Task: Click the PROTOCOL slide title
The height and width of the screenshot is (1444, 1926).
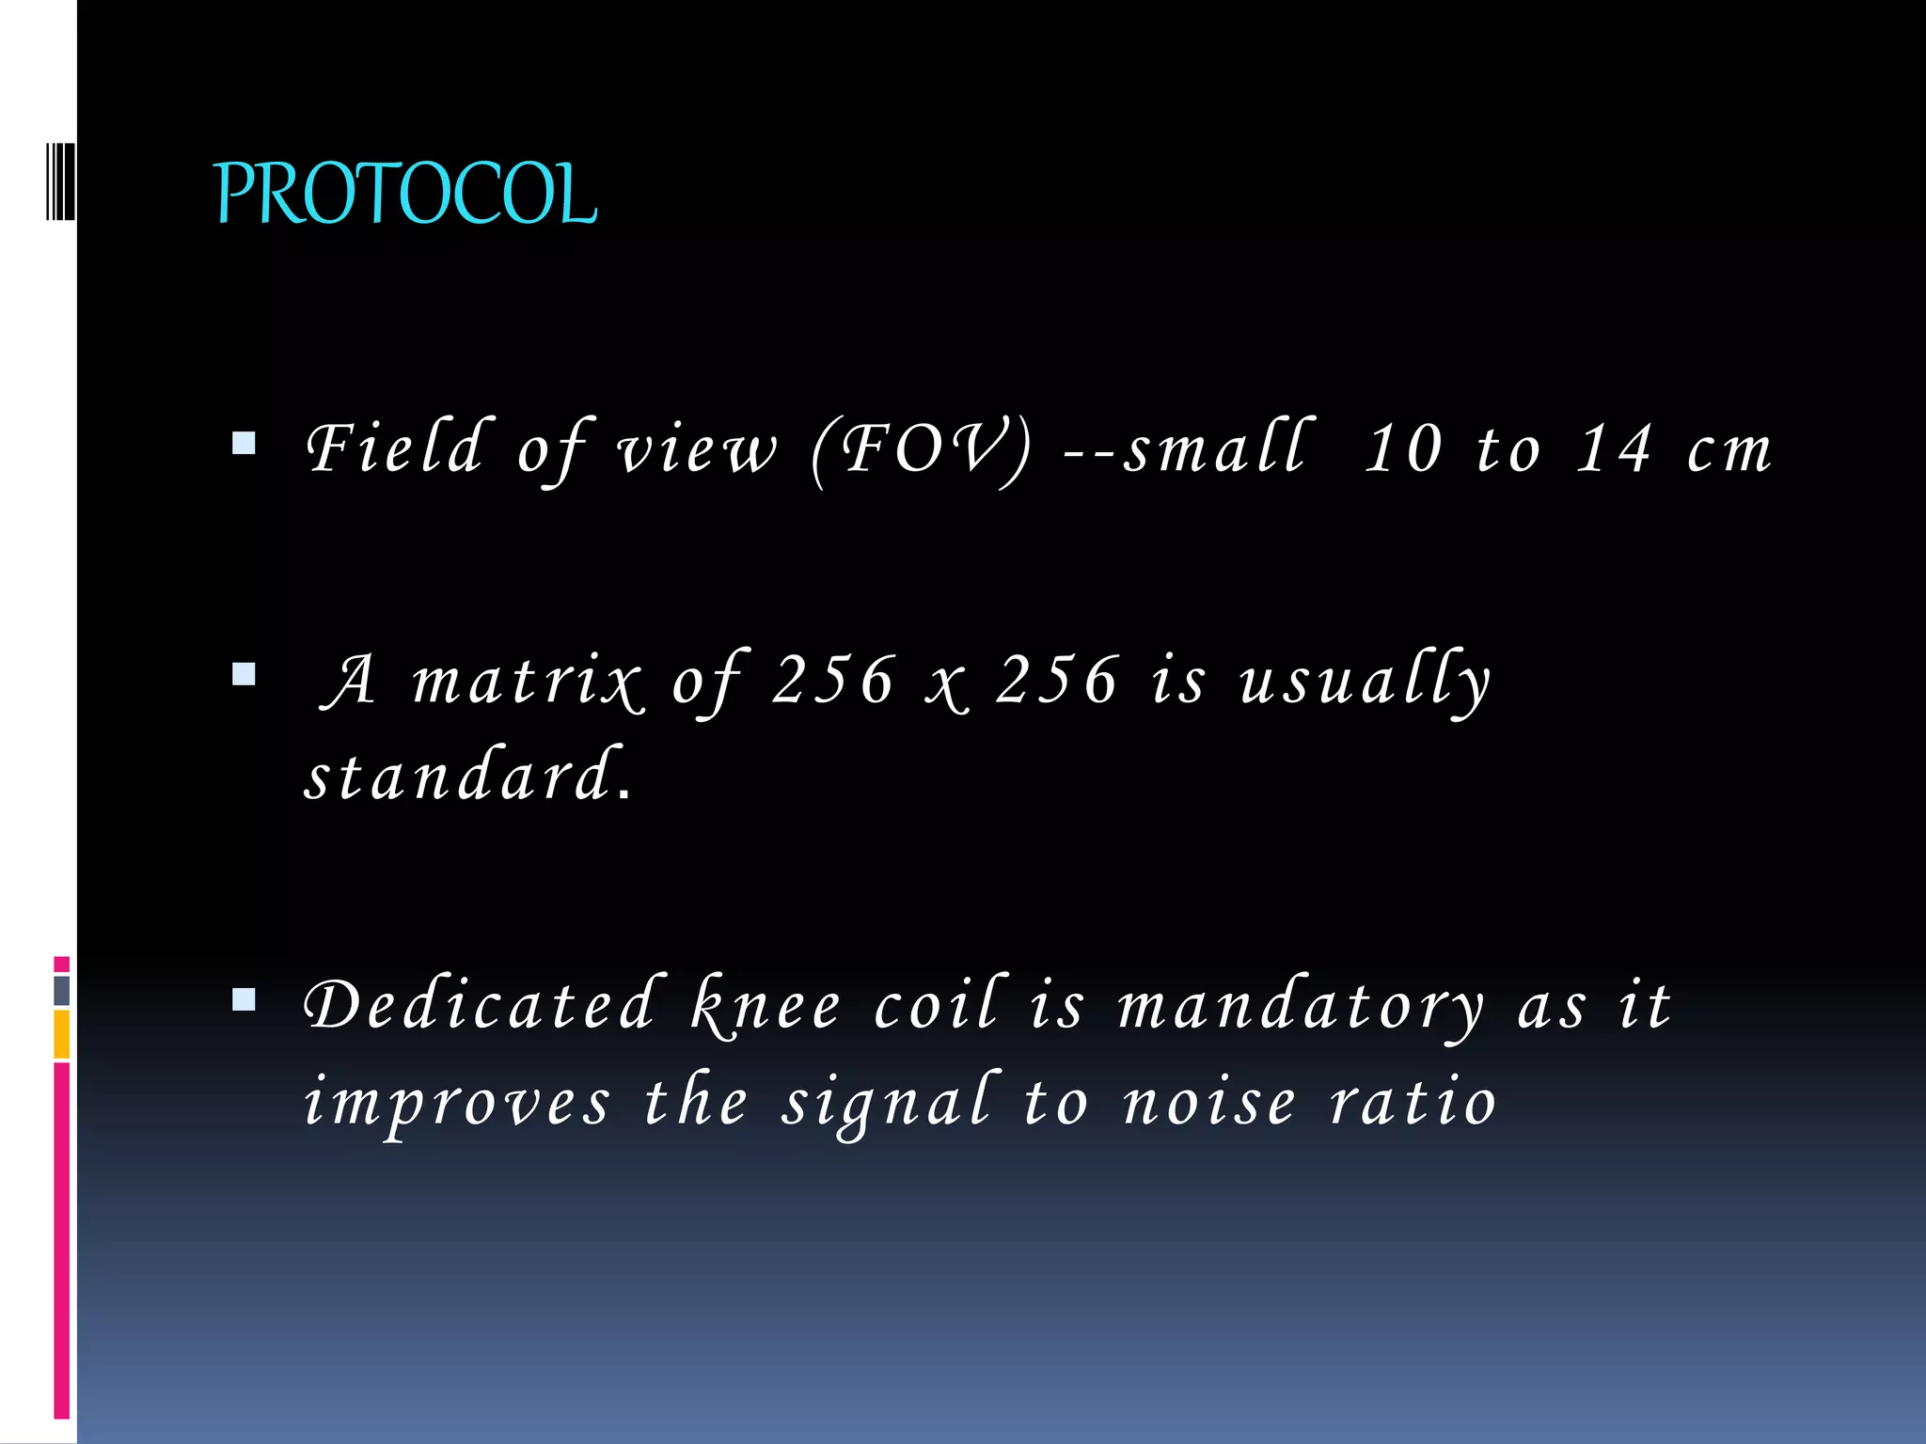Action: click(x=405, y=194)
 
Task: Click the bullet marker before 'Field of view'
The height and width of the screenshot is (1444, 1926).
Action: click(x=244, y=443)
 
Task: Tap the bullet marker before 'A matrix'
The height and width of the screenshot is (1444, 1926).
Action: click(x=244, y=674)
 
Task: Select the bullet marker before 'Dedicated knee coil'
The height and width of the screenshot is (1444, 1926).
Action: click(x=244, y=998)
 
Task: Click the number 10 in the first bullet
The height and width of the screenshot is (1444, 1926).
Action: click(x=1403, y=448)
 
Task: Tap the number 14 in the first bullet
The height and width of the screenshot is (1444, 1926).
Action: click(x=1614, y=448)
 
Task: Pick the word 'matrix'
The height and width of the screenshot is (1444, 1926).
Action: click(x=527, y=681)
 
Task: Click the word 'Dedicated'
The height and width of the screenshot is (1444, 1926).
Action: click(x=480, y=1005)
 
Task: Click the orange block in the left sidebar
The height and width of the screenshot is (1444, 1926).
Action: click(x=62, y=1033)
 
